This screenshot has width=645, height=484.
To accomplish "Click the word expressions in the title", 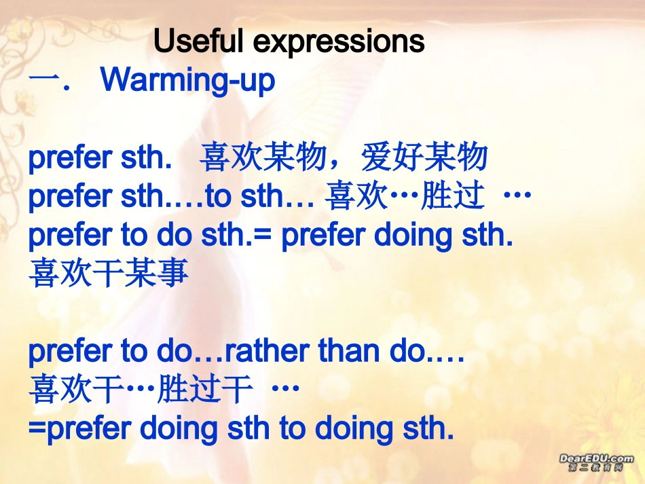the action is click(x=339, y=42).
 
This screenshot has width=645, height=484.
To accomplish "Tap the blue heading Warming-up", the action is click(x=187, y=80).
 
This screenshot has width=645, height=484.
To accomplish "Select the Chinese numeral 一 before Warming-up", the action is click(x=44, y=79).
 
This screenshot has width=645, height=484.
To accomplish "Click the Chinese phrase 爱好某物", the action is click(x=424, y=157).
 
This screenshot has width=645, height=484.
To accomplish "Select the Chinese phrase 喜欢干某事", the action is click(x=109, y=273).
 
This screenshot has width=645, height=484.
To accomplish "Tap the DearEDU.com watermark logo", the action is click(x=597, y=462).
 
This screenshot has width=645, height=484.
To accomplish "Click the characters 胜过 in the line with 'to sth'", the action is click(x=452, y=196).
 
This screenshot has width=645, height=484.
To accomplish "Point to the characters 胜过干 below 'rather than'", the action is click(x=204, y=389).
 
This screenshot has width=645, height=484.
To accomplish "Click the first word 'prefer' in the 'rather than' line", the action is click(x=71, y=352).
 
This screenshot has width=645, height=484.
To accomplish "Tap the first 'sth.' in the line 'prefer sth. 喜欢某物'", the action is click(x=146, y=157).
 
